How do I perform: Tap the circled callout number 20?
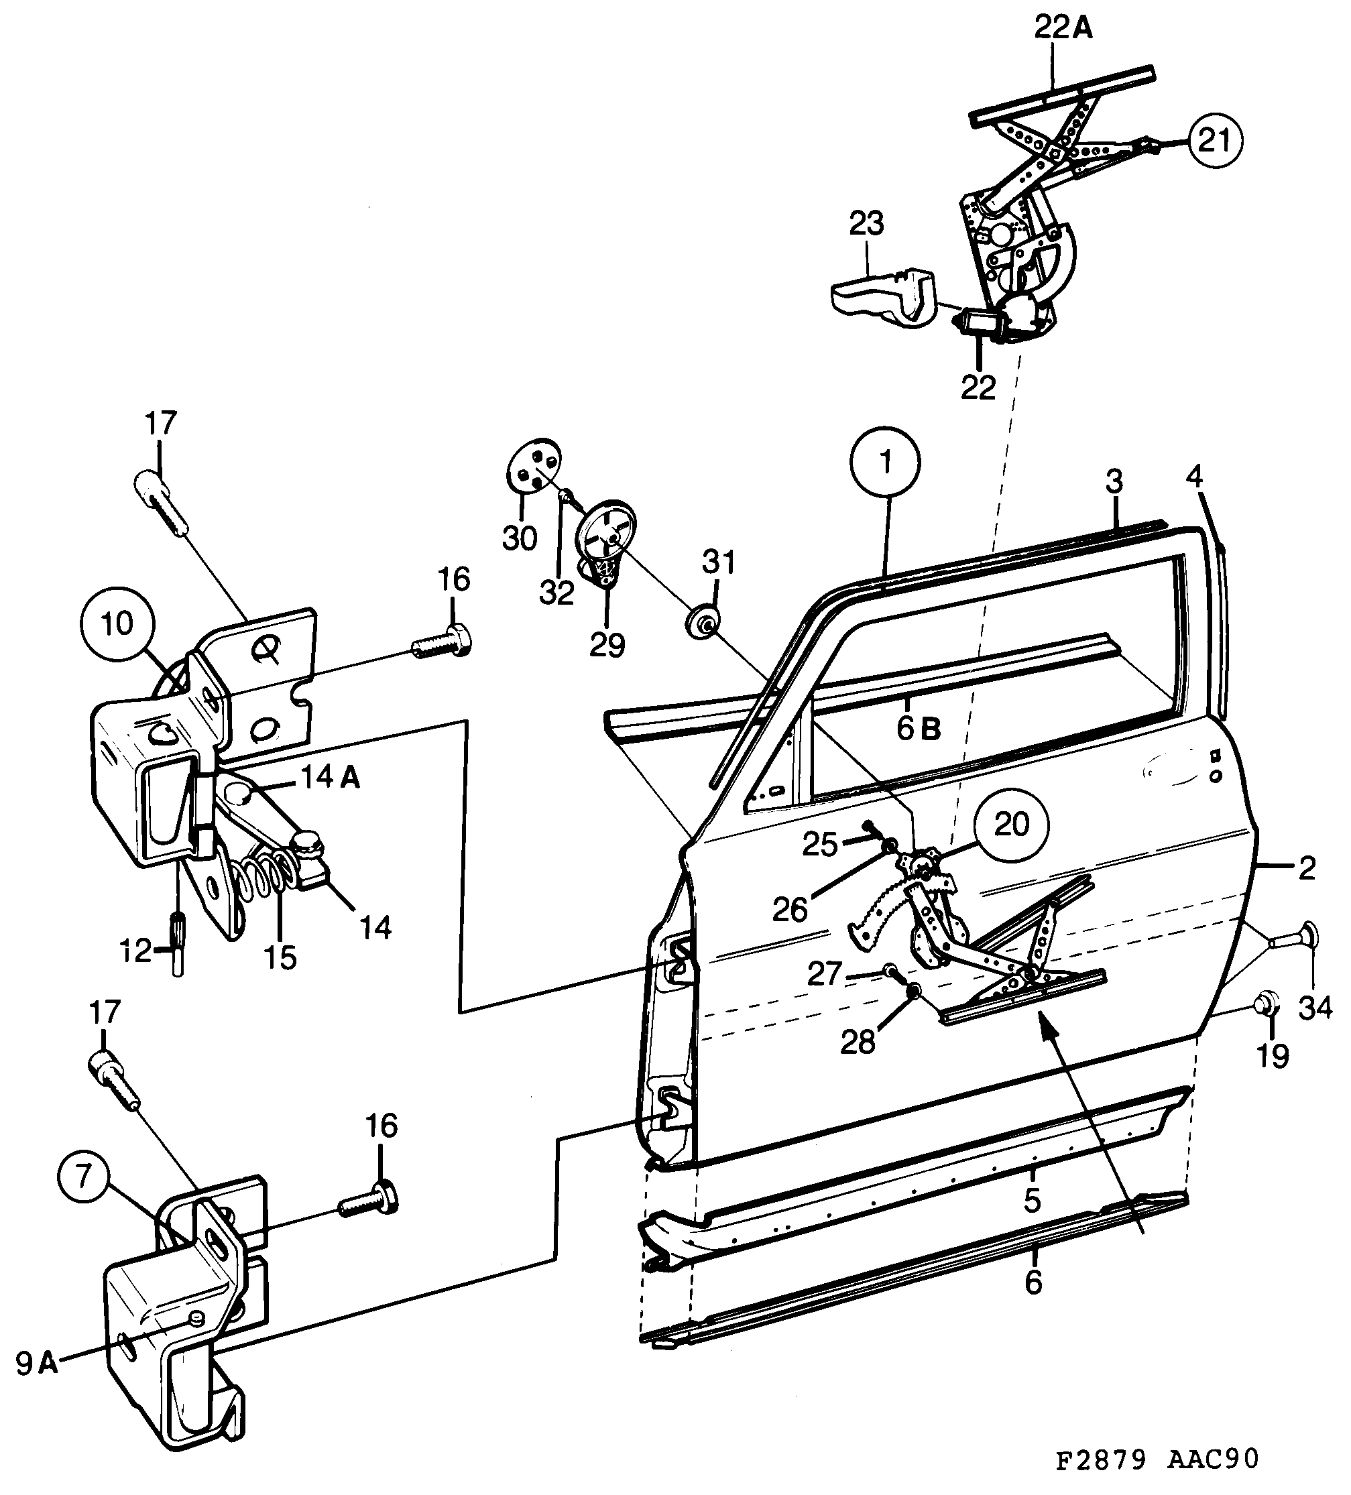1011,824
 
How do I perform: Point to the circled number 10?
117,623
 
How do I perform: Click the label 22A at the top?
1063,28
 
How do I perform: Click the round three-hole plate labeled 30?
532,466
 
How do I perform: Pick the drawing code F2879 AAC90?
1157,1459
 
